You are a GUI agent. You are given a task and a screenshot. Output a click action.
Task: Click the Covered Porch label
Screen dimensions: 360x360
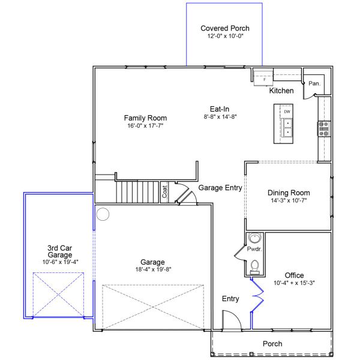tap(225, 28)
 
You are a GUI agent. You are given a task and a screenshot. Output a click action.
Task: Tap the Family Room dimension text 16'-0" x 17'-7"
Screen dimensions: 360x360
tap(145, 125)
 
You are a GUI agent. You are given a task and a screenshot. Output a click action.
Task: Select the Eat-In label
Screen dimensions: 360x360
tap(220, 109)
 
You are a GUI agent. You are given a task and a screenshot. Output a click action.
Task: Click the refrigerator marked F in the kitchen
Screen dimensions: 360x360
tap(263, 78)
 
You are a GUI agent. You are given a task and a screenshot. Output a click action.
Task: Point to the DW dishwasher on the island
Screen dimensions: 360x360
tap(287, 112)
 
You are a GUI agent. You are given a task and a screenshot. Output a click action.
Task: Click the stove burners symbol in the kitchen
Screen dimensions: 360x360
tap(324, 129)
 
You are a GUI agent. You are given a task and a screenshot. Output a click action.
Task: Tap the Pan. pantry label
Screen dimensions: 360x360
tap(314, 83)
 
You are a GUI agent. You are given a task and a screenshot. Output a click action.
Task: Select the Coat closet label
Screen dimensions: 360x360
tap(164, 192)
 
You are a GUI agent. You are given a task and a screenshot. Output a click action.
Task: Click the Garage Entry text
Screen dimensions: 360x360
tap(220, 188)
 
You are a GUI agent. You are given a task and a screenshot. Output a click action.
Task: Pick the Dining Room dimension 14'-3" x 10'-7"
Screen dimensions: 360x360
tap(289, 200)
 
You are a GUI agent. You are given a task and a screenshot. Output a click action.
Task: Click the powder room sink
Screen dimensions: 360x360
tap(254, 238)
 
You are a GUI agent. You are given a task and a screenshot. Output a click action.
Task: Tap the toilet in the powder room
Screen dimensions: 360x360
tap(254, 267)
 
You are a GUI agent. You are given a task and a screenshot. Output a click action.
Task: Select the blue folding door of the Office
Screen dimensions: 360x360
tap(258, 295)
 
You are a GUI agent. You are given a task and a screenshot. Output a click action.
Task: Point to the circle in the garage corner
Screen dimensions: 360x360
tap(103, 214)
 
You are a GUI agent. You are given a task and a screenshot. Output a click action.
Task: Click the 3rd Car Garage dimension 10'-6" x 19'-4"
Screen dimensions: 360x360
tap(61, 262)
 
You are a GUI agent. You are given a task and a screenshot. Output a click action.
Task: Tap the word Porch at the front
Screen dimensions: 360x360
tap(272, 344)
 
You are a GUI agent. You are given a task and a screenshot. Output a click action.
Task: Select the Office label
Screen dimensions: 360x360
tap(294, 275)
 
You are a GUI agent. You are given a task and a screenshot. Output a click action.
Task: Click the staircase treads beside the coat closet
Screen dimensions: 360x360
tap(137, 192)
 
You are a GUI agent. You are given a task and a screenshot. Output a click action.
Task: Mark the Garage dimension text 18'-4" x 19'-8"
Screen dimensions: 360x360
tap(154, 269)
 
